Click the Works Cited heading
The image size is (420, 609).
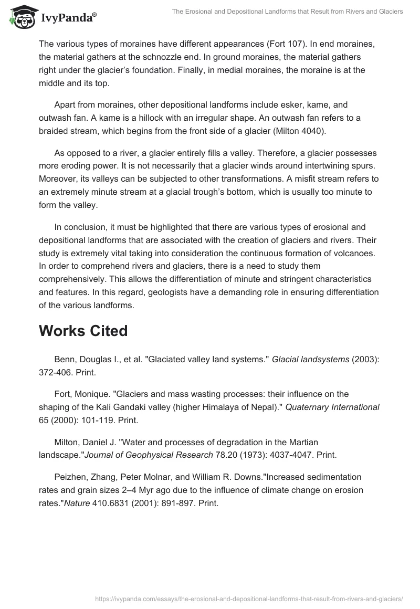click(x=83, y=331)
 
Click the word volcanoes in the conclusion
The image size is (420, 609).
click(x=358, y=254)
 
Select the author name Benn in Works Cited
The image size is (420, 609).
click(x=65, y=359)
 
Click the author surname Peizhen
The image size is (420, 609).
click(x=71, y=477)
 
